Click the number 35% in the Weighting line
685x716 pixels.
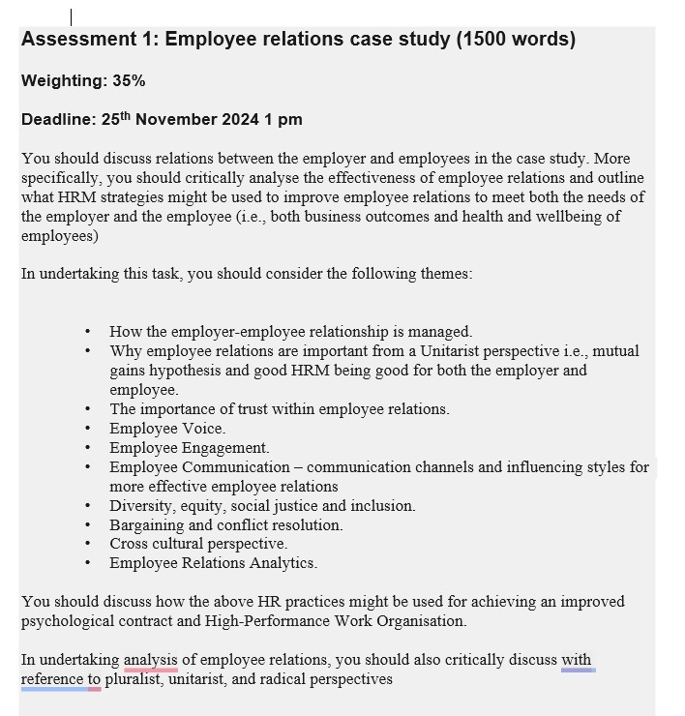pos(129,81)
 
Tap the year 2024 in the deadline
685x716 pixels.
pos(240,120)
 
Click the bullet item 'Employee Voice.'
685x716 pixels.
pos(166,429)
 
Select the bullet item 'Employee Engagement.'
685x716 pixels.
pos(189,448)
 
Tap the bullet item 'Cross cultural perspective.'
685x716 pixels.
pos(197,544)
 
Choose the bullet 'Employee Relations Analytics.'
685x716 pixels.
pos(213,563)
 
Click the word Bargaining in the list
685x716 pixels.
pos(146,525)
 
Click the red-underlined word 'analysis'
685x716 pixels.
pos(150,660)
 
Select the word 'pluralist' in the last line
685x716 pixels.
pos(137,679)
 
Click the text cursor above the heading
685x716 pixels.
pos(72,16)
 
